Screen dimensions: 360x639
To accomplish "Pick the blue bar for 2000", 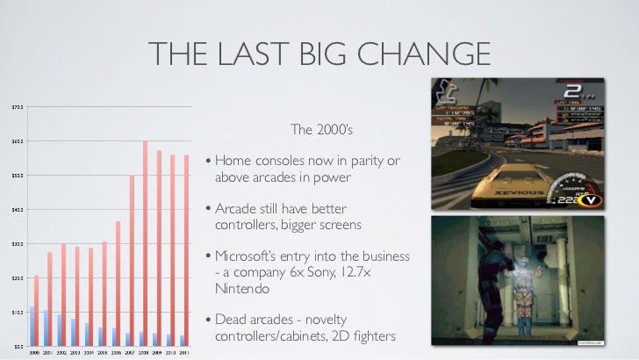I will click(x=32, y=325).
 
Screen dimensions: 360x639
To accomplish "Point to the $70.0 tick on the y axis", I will click(x=17, y=107).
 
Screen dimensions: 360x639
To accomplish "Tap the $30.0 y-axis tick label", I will click(x=17, y=243).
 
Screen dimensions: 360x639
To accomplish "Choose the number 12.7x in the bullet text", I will click(x=380, y=272).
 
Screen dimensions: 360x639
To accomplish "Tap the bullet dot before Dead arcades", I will click(x=207, y=320).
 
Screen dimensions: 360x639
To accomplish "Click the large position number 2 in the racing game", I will click(x=571, y=92).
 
